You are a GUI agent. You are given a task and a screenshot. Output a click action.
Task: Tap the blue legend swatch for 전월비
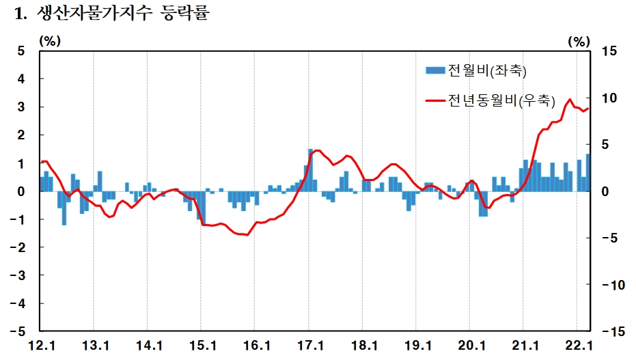click(x=435, y=70)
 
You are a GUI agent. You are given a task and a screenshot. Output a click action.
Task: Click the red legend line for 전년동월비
click(x=435, y=100)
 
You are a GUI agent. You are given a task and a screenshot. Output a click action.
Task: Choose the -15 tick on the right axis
click(x=607, y=331)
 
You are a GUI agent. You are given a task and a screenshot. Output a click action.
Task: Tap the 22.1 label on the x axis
click(x=578, y=345)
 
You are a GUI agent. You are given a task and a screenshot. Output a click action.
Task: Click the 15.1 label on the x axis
click(x=203, y=345)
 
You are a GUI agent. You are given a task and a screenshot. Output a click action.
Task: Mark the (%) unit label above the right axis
click(x=579, y=41)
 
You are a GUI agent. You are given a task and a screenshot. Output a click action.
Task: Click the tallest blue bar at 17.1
click(x=310, y=170)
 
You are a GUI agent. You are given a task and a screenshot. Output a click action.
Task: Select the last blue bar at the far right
click(x=587, y=173)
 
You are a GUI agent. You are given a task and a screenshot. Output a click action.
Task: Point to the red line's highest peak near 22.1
click(x=570, y=100)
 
